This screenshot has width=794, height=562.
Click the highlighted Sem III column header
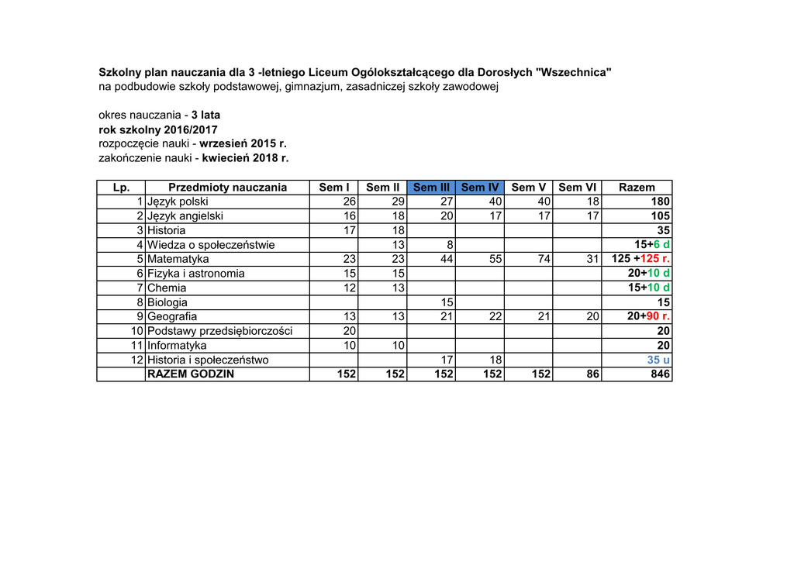[x=431, y=188]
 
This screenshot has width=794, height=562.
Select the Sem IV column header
[x=479, y=188]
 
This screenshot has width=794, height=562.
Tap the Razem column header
[x=637, y=188]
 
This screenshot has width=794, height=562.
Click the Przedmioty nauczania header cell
[x=227, y=188]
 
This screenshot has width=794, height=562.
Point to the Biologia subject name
[x=167, y=302]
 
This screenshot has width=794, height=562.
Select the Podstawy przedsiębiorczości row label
[x=219, y=331]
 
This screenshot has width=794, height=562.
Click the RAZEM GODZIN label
[x=191, y=374]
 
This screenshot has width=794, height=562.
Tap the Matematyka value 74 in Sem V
[x=543, y=259]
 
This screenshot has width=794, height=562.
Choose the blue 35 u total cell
[x=658, y=360]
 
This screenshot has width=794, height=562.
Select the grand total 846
[x=661, y=374]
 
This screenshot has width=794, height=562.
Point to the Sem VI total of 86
[x=592, y=374]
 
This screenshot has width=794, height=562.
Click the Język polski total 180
[x=661, y=202]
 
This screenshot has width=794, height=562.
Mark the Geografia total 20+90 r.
[x=648, y=316]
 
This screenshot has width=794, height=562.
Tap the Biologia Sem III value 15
[x=447, y=302]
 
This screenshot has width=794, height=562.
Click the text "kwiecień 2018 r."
[x=245, y=158]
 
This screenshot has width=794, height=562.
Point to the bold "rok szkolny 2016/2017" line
[x=158, y=129]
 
